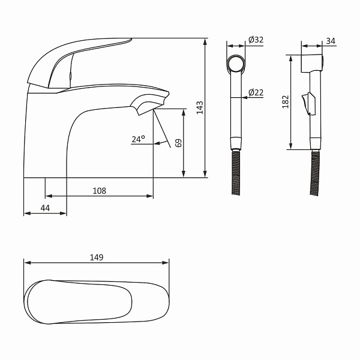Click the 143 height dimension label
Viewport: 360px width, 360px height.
200,107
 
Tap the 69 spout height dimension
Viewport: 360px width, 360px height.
178,143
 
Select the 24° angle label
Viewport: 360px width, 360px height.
138,139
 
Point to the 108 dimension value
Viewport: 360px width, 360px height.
100,191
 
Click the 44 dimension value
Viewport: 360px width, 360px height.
45,208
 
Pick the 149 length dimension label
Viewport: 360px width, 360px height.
97,257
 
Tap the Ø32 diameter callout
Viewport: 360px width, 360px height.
256,40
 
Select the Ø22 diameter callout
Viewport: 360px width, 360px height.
256,92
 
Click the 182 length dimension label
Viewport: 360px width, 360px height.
286,102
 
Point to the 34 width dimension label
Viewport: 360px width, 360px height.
331,41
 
